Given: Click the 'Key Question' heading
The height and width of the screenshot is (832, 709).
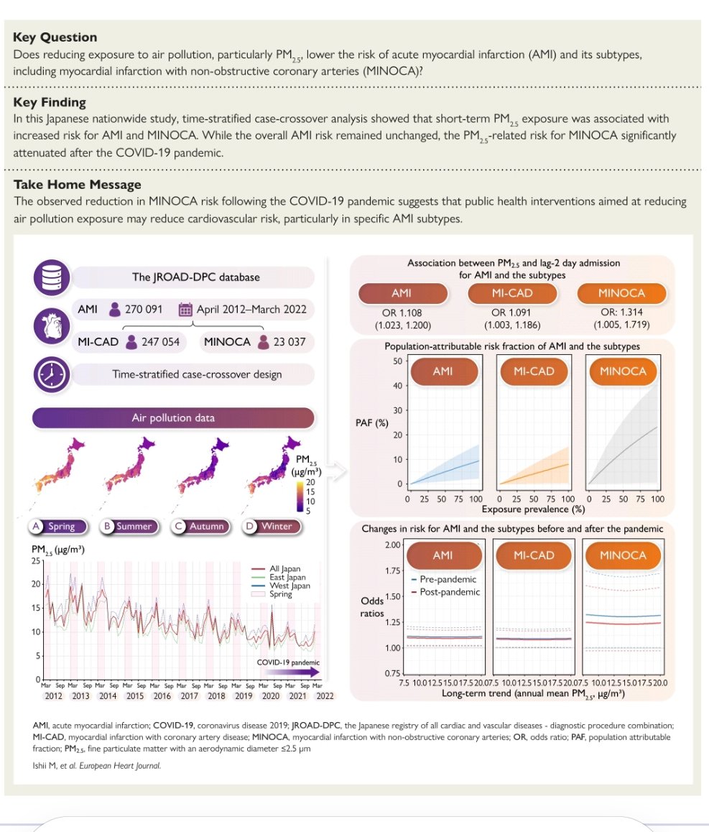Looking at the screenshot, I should [x=55, y=37].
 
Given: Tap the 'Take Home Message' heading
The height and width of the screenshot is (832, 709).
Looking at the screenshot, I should [x=78, y=185].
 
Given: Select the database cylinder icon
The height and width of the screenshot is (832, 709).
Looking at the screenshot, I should [x=51, y=277].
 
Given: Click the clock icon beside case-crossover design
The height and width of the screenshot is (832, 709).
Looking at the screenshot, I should [x=51, y=374].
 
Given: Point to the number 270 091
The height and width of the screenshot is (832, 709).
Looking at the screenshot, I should [x=144, y=310].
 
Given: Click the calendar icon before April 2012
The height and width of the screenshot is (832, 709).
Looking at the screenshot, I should [x=185, y=310].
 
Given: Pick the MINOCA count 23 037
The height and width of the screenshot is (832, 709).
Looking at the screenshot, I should [x=285, y=342].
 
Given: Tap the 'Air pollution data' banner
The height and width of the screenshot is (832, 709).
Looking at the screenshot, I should [x=173, y=418].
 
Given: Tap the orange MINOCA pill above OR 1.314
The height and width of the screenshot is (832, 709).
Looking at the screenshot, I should [x=621, y=293].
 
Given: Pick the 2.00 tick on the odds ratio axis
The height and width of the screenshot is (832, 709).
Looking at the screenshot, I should [x=391, y=545].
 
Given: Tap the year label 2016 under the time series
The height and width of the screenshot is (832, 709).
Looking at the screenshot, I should [x=162, y=695].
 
